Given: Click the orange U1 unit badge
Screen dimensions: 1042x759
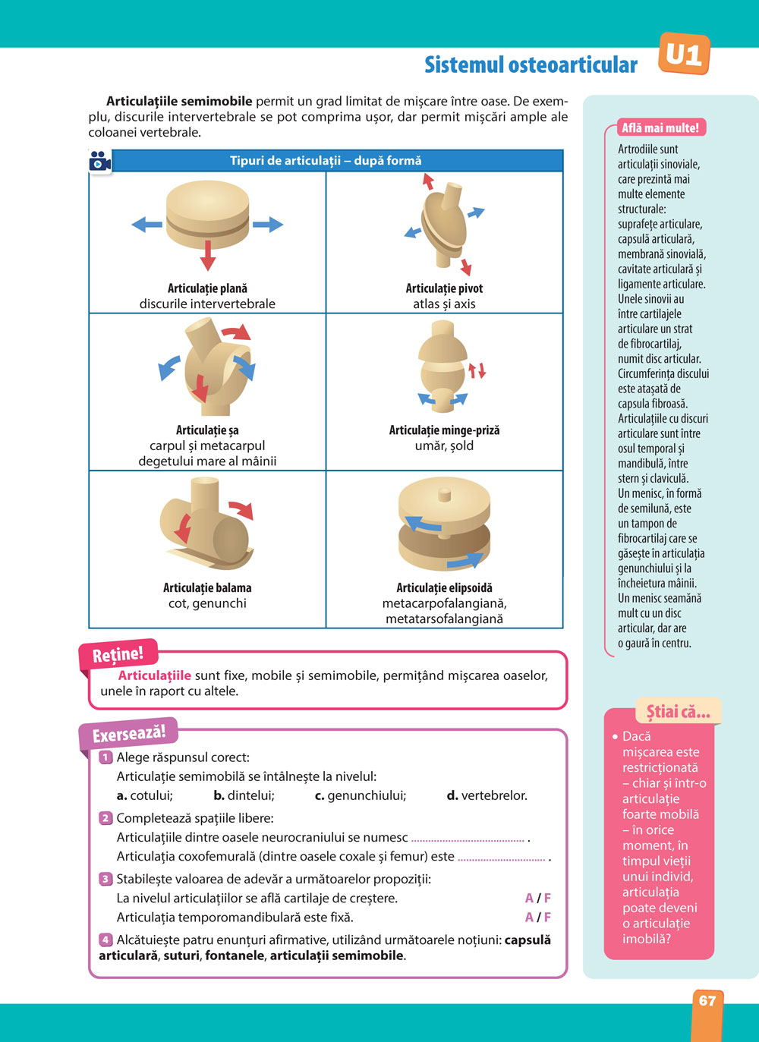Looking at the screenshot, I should tap(684, 55).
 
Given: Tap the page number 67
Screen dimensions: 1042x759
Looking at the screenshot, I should tap(707, 1000).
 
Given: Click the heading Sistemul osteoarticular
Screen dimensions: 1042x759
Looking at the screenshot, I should tap(531, 65).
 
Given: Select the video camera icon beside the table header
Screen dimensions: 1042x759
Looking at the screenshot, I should tap(100, 162).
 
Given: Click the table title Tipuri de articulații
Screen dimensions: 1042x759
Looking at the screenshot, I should tap(326, 161).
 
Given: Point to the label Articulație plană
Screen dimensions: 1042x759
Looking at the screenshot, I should tap(207, 288).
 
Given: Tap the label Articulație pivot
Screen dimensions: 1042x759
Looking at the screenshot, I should tap(444, 288).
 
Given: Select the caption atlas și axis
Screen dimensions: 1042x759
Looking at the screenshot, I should tap(444, 304).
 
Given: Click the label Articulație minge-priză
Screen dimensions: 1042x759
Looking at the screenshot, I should tap(444, 430).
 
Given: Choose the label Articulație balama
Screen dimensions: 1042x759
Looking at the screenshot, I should tap(207, 587).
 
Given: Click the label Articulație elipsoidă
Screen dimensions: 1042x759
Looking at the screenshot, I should tap(444, 587).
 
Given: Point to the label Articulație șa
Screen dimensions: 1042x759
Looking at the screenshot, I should tap(207, 430).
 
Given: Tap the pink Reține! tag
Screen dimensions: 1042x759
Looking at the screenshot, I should tap(118, 655).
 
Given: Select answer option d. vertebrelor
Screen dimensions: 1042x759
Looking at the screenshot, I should tap(487, 795).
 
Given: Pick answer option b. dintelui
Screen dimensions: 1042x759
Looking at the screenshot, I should tap(244, 795).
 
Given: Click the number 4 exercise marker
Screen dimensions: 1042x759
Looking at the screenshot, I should tap(106, 940).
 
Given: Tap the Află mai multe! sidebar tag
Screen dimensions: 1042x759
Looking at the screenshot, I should tap(660, 127).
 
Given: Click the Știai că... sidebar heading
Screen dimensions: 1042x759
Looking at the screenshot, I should tap(677, 712).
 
